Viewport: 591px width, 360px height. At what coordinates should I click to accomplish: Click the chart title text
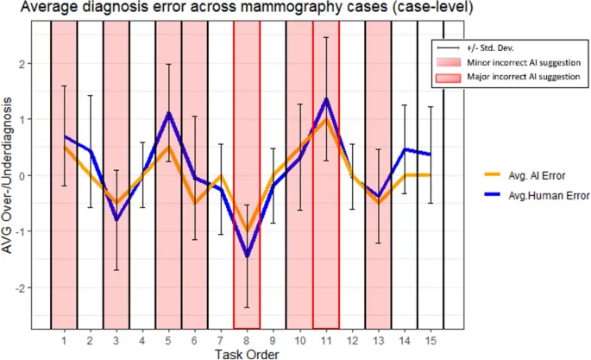242,9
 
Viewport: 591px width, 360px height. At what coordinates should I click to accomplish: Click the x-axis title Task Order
246,352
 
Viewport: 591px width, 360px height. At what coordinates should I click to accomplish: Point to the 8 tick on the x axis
248,338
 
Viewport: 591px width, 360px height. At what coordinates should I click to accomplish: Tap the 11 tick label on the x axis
326,338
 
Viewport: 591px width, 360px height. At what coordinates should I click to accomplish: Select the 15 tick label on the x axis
431,338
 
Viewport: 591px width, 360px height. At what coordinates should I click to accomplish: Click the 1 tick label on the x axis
64,338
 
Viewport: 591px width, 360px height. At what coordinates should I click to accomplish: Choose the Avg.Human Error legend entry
544,195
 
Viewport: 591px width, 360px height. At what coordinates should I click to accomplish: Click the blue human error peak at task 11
326,98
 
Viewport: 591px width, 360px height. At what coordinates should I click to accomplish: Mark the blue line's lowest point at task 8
248,256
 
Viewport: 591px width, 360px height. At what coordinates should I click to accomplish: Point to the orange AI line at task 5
169,148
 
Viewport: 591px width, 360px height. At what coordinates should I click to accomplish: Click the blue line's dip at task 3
116,220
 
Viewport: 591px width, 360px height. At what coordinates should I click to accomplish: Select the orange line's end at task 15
431,174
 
